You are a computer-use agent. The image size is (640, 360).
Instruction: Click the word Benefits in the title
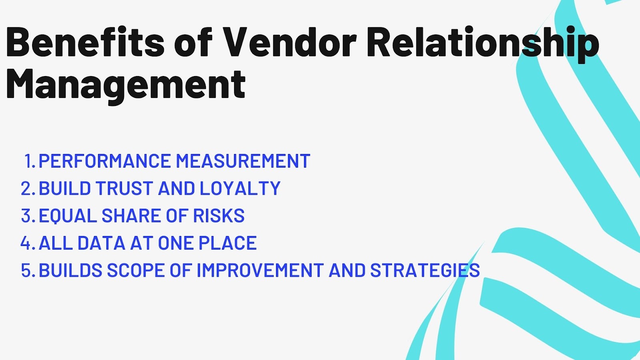(85, 42)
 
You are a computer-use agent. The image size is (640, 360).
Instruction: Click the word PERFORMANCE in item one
(104, 160)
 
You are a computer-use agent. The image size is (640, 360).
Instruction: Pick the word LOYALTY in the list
(240, 188)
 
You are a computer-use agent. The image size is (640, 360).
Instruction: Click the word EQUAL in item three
(68, 216)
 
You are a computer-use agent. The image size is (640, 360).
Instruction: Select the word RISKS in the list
(219, 216)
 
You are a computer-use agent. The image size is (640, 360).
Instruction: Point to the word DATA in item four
(102, 243)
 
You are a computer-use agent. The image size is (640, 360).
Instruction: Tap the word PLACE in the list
(228, 243)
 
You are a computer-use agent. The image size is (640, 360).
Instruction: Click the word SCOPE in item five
(136, 270)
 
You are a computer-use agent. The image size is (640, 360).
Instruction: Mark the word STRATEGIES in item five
(425, 270)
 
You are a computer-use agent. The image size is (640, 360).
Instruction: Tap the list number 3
(28, 216)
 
